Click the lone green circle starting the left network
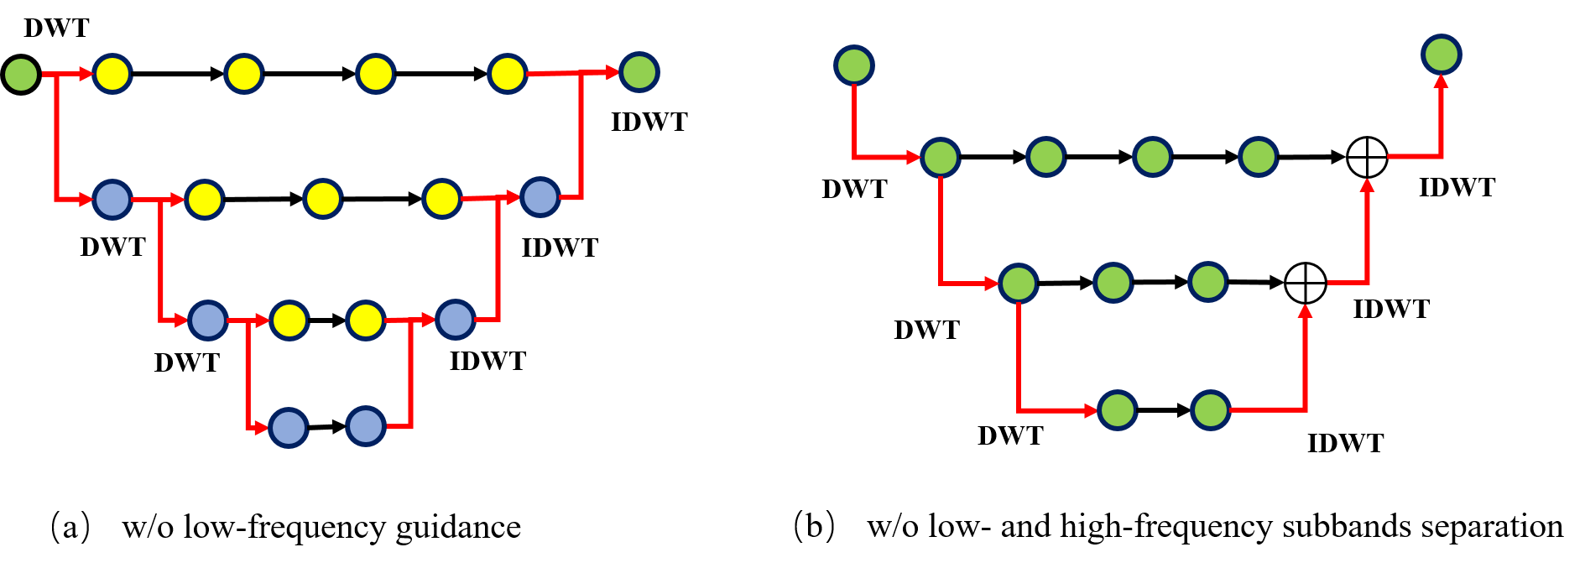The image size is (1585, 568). (21, 75)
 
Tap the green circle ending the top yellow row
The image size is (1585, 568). (639, 72)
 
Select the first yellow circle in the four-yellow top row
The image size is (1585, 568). (112, 74)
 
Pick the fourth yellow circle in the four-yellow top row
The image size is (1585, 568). (507, 74)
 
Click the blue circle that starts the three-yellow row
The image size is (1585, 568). (112, 200)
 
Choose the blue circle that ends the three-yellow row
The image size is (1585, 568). (540, 197)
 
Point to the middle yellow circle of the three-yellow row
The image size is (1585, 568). (323, 200)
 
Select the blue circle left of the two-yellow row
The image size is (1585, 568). (208, 320)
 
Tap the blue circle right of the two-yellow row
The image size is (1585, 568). (456, 320)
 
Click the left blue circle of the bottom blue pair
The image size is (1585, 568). (289, 428)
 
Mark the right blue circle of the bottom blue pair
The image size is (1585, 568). (366, 426)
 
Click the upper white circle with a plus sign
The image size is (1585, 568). (1367, 157)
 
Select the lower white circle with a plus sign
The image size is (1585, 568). (1306, 284)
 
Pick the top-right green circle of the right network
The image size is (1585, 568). (1442, 55)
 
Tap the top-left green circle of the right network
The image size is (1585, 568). (854, 65)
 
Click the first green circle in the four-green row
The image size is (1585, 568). (940, 157)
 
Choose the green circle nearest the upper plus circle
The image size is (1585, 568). (1259, 157)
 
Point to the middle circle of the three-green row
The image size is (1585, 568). (1113, 283)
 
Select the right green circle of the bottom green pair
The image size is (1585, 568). (1210, 410)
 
